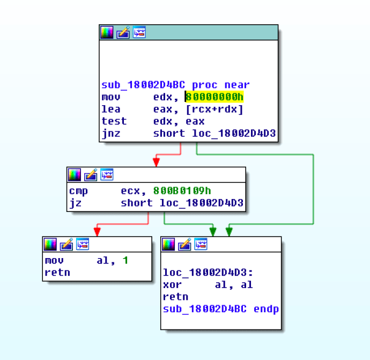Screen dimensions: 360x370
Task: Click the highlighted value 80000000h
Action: (x=214, y=97)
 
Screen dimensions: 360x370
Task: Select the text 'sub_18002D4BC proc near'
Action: (x=175, y=85)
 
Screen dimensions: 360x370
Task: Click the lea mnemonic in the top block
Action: (x=111, y=109)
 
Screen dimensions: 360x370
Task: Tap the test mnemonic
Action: (x=114, y=121)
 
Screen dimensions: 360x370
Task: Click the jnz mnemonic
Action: (x=111, y=134)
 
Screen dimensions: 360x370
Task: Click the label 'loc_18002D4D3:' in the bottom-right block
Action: (x=208, y=273)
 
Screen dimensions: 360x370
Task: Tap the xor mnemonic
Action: (x=173, y=285)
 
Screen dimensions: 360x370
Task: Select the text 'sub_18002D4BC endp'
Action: (x=221, y=309)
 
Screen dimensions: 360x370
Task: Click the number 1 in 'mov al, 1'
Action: (x=125, y=260)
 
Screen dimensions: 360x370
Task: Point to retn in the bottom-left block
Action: (x=57, y=273)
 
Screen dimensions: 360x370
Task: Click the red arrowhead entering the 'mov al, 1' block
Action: (x=97, y=231)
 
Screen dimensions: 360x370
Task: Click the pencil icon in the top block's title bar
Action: (x=123, y=32)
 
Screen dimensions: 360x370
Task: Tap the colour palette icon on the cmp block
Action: (x=75, y=174)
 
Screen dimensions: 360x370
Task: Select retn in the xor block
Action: (x=176, y=297)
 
